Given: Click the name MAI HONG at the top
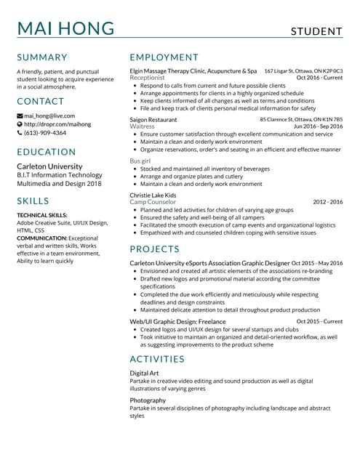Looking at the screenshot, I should pyautogui.click(x=65, y=29).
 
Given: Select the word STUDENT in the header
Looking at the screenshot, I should pyautogui.click(x=316, y=31).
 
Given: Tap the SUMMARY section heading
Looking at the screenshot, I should pyautogui.click(x=42, y=57).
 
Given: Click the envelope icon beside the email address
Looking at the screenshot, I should pyautogui.click(x=20, y=116).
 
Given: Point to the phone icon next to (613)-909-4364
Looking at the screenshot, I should pyautogui.click(x=20, y=133).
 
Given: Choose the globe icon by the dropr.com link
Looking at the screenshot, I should pyautogui.click(x=20, y=124).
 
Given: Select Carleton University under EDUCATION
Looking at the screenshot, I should pyautogui.click(x=49, y=166).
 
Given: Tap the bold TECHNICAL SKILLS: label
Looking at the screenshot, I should pyautogui.click(x=42, y=215).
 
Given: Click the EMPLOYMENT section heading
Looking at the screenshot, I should pyautogui.click(x=164, y=57).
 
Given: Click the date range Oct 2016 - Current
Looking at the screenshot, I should pyautogui.click(x=319, y=77).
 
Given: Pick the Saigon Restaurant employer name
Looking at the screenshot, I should pyautogui.click(x=153, y=119).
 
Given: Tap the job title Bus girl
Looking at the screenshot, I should pyautogui.click(x=141, y=160).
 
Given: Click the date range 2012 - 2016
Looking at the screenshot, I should pyautogui.click(x=327, y=202).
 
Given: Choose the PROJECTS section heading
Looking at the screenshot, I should pyautogui.click(x=156, y=249).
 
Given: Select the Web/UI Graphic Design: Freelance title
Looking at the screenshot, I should pyautogui.click(x=177, y=320).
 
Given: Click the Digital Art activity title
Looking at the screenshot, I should pyautogui.click(x=144, y=373).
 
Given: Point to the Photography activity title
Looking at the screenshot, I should pyautogui.click(x=148, y=400).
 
